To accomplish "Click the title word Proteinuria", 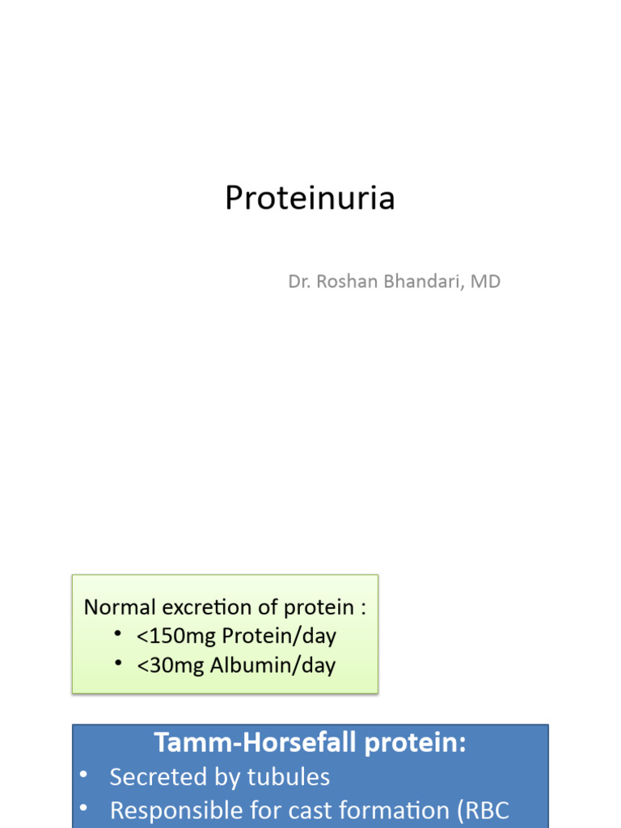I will tap(310, 198).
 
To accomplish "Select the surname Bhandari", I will tap(423, 282).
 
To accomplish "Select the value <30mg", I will tap(167, 665).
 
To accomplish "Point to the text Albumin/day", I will tap(272, 665).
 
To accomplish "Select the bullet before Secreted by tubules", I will tap(84, 775).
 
